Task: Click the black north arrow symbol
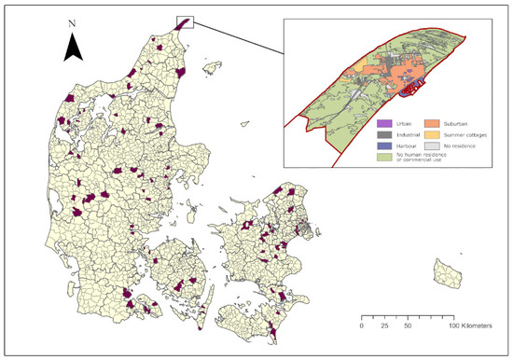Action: [75, 48]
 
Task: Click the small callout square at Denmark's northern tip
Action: [184, 21]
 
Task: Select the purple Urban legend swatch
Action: [381, 122]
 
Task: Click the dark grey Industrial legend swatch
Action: [381, 135]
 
